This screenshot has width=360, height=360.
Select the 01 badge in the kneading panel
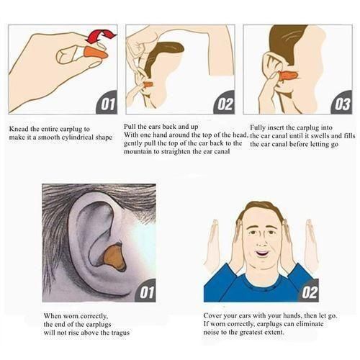(106, 104)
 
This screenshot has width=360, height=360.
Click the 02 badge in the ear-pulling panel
(224, 104)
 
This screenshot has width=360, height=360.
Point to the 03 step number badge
(341, 104)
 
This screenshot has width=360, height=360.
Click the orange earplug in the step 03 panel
(289, 75)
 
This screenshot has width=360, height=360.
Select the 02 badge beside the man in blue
(308, 293)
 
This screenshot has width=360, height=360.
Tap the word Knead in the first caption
(19, 130)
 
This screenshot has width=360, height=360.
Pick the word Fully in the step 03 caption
(258, 127)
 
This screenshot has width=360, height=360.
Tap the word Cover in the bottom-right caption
(214, 315)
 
